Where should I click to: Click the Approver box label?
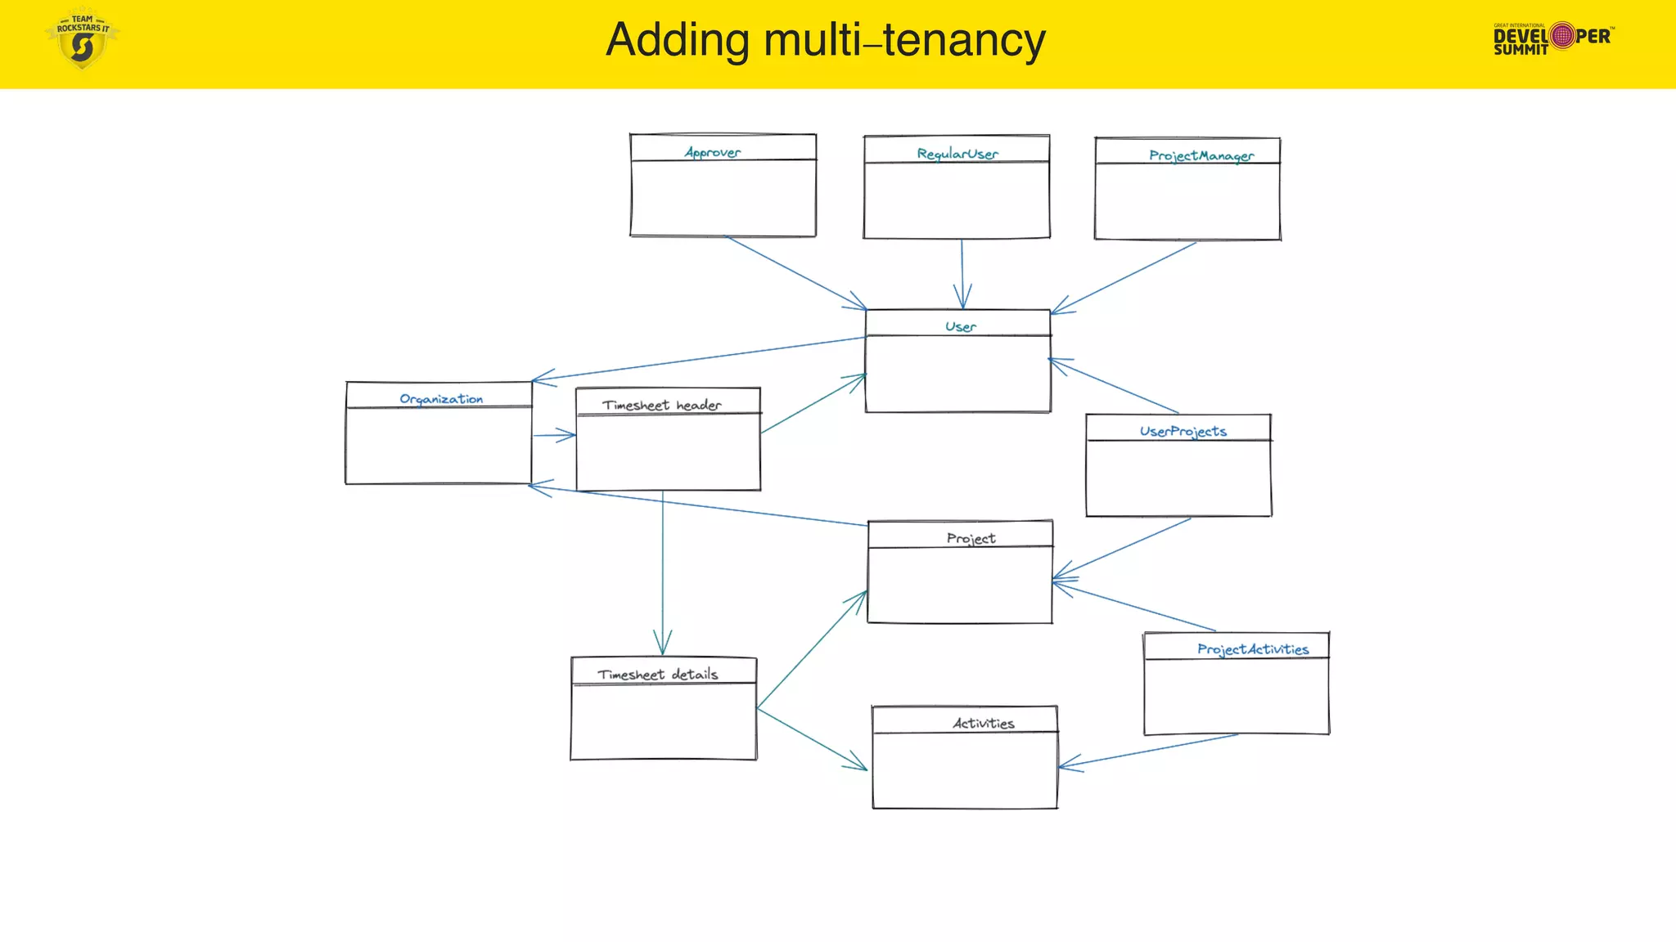point(713,153)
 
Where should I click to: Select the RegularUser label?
point(957,154)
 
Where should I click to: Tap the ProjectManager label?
point(1201,155)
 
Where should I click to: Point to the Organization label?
point(441,399)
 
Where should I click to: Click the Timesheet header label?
point(661,406)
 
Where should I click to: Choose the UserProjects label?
point(1183,432)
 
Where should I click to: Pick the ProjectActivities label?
point(1252,649)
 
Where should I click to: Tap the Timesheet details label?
point(657,675)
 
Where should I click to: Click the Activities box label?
point(983,724)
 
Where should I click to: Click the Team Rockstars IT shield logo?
point(82,39)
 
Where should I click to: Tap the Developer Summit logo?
point(1552,38)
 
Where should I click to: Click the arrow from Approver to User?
point(794,272)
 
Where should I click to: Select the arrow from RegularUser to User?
point(962,274)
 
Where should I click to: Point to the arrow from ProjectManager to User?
point(1124,278)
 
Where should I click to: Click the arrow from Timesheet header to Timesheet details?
point(663,572)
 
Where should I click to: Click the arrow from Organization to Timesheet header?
point(554,435)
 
